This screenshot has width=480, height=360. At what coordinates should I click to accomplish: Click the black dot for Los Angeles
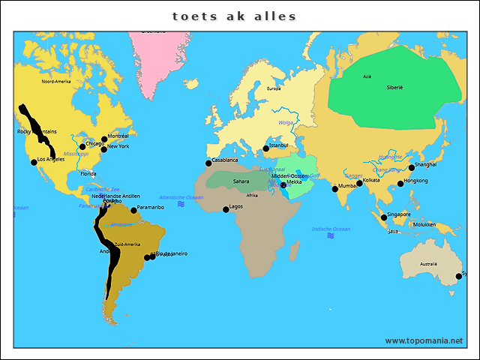34,161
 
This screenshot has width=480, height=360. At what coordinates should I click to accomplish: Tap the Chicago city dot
82,146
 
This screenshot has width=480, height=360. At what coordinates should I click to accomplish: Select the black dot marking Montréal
104,139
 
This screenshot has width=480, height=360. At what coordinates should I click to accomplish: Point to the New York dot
104,149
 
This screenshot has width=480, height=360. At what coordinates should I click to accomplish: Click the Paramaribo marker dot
133,210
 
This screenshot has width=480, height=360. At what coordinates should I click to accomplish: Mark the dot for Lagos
226,209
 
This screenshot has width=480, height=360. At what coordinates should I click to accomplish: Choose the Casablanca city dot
208,163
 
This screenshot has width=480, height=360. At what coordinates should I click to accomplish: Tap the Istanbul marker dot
265,148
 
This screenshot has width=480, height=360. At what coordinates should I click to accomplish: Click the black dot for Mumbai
335,188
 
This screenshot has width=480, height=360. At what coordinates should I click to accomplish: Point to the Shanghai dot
411,167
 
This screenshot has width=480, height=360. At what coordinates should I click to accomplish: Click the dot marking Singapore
384,217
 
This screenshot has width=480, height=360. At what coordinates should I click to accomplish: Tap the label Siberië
394,88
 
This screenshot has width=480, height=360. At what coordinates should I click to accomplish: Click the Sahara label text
241,181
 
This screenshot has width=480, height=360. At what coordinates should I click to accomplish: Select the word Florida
88,173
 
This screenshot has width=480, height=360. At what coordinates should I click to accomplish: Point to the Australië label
428,264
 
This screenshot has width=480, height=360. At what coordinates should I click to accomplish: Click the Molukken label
424,224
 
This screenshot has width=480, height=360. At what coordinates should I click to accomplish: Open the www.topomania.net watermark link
424,340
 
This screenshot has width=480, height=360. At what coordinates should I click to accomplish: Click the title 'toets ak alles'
235,16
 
